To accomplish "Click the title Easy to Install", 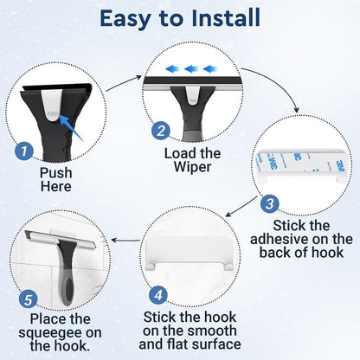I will click(180, 18).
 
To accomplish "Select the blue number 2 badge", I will click(160, 131).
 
